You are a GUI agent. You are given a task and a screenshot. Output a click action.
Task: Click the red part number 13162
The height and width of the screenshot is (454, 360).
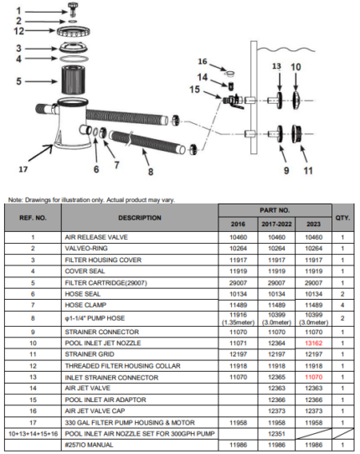313,343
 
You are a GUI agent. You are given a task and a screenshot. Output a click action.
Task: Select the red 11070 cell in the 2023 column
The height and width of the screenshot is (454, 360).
313,377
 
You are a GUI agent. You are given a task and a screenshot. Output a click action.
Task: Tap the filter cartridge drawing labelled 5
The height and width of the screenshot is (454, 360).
73,80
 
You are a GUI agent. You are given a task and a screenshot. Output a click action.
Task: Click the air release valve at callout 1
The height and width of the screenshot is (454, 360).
73,9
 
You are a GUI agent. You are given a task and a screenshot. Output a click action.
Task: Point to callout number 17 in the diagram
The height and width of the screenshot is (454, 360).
23,169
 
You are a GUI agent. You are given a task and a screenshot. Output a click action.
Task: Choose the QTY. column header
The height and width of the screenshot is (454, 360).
342,218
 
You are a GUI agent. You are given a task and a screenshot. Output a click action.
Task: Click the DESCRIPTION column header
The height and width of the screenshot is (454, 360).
140,218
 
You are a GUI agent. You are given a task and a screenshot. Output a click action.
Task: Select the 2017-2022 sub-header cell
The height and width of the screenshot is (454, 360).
276,224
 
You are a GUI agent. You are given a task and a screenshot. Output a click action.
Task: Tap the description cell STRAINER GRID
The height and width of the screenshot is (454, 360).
90,354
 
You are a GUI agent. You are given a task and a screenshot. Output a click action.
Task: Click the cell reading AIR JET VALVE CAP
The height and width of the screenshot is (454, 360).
95,410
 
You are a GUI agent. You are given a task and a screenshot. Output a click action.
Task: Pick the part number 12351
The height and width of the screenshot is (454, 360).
276,434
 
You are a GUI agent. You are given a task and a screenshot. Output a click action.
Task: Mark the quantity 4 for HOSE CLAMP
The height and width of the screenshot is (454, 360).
342,305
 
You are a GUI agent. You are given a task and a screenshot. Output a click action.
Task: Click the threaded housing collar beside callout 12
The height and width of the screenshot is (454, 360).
74,31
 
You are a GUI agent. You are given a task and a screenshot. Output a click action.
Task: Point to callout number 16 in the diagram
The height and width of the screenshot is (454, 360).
203,61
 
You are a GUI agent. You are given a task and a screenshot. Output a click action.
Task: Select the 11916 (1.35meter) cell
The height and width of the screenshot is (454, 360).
238,318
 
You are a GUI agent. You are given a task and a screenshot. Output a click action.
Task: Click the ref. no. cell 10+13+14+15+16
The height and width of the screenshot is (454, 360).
33,434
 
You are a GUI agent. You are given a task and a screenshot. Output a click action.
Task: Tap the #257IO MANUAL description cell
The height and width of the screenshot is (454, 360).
89,445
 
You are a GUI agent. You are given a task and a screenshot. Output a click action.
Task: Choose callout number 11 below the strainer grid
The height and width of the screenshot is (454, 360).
308,171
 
